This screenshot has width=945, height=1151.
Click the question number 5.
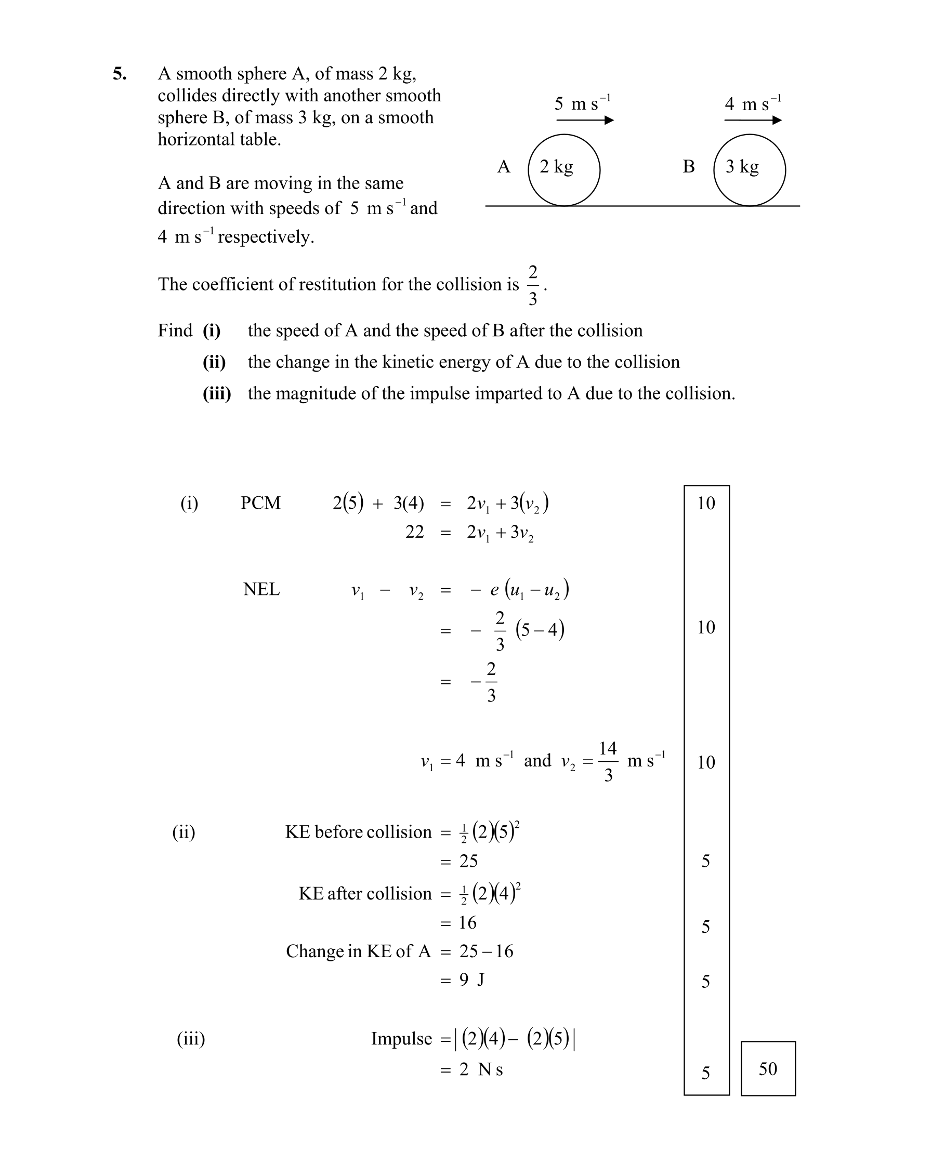(120, 74)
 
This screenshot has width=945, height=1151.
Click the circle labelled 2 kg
(564, 170)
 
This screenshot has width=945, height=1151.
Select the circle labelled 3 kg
(749, 170)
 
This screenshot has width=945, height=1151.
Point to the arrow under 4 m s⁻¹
(753, 120)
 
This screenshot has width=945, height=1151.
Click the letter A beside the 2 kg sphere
(504, 166)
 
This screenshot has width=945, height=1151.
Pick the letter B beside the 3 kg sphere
(689, 166)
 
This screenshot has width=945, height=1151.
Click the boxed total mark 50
(768, 1068)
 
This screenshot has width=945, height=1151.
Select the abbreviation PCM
(261, 503)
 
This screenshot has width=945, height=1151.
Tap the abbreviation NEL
(261, 589)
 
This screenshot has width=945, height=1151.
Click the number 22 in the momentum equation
(414, 532)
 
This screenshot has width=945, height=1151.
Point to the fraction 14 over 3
(608, 761)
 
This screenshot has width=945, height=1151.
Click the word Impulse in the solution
(401, 1038)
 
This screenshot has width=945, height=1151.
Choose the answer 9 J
(471, 980)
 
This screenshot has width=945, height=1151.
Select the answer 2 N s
(481, 1069)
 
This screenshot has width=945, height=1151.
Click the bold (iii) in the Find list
(217, 393)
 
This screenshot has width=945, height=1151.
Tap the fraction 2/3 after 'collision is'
(532, 285)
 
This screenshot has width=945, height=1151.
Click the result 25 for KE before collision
(468, 861)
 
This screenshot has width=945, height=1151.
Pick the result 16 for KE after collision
(468, 922)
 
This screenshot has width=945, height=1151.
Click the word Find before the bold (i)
(175, 330)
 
